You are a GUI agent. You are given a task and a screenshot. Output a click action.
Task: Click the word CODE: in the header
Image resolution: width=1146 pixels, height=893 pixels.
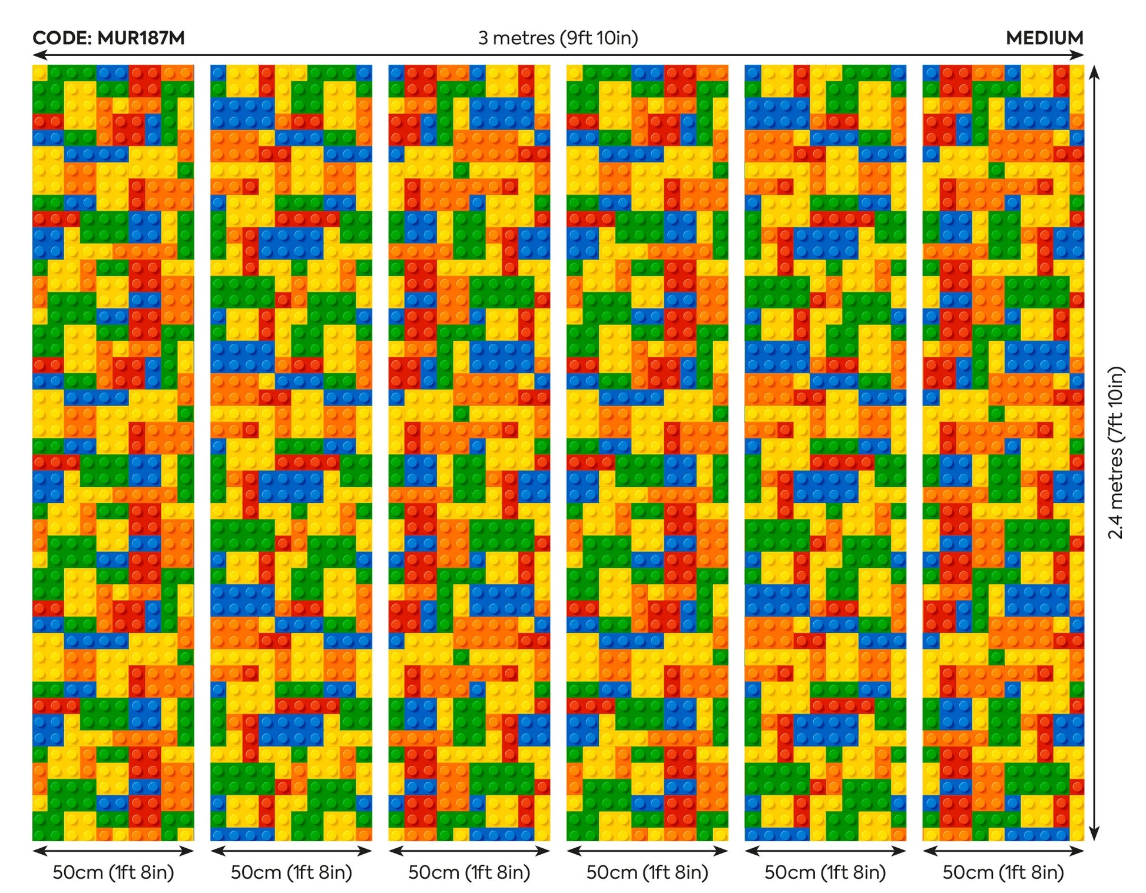tap(61, 38)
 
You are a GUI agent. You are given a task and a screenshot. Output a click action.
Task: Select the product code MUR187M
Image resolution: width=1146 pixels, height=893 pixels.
tap(141, 38)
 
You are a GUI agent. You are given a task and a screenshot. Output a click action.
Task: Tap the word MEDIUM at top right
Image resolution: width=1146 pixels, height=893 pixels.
tap(1044, 38)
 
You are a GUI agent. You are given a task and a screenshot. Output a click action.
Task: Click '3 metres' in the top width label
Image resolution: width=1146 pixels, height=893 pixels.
tap(516, 38)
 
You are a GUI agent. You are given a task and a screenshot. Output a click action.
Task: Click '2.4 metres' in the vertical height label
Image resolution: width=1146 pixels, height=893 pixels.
tap(1115, 493)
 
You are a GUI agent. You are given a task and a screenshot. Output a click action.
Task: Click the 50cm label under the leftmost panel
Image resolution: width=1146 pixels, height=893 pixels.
tap(113, 872)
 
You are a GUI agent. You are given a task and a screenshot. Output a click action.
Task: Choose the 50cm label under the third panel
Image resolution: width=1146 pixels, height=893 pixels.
tap(469, 872)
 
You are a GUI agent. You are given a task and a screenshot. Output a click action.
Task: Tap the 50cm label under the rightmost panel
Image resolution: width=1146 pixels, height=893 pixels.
tap(1003, 872)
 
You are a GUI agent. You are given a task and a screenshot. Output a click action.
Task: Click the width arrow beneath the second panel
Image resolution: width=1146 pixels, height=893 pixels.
tap(291, 851)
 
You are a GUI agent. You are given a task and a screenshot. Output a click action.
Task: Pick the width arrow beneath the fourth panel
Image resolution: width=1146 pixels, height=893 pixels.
tap(647, 851)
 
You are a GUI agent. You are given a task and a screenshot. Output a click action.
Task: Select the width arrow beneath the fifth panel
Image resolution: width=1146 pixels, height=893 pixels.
tap(825, 851)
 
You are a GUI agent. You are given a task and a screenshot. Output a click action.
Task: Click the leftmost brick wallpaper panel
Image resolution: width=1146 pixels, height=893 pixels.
tap(113, 452)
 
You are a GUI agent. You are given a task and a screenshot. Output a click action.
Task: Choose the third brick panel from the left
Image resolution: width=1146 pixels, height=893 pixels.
tap(469, 452)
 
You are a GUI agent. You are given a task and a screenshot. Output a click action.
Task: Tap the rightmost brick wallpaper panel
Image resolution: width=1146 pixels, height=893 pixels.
tap(1003, 452)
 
